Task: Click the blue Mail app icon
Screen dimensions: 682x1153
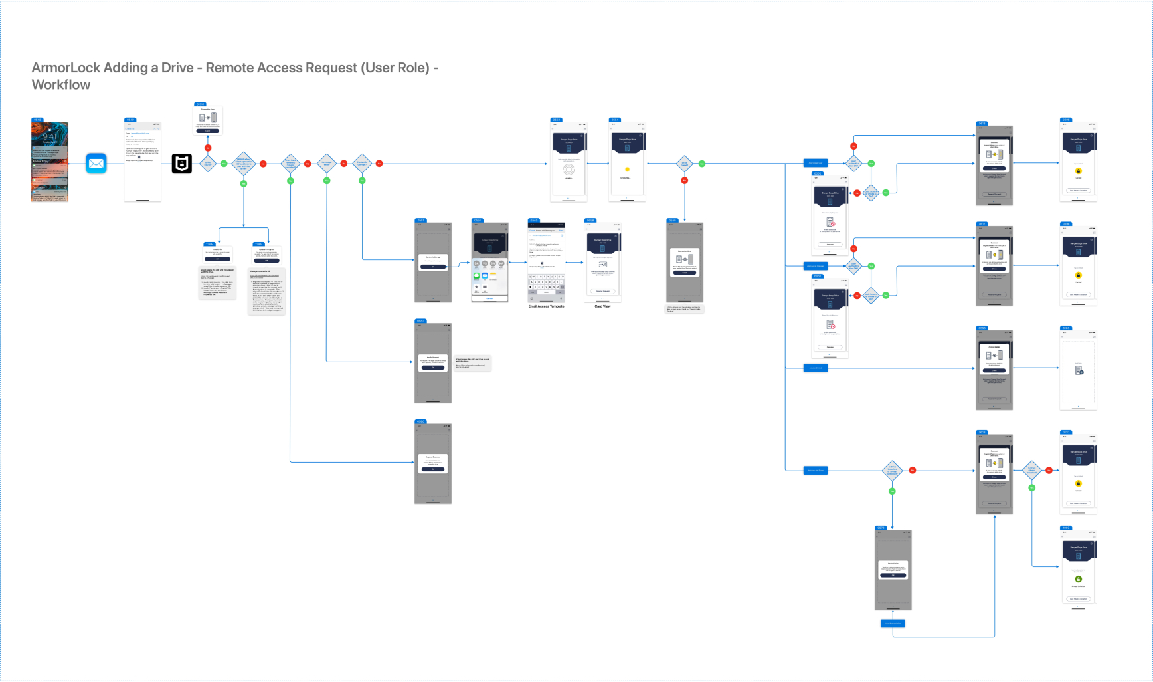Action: coord(96,163)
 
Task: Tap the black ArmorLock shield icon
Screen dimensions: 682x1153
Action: coord(182,163)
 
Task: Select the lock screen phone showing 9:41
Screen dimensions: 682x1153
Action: coord(50,162)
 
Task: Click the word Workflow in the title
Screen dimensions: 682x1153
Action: coord(61,85)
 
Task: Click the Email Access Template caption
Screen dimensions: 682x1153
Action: coord(546,306)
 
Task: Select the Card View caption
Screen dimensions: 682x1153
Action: coord(602,306)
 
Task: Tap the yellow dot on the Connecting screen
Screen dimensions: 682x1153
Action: coord(627,170)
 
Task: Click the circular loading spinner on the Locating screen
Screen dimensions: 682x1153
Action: coord(569,169)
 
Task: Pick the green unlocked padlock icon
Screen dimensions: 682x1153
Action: coord(1078,579)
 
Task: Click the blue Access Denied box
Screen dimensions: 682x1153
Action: coord(816,368)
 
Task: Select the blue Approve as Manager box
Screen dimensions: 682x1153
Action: coord(816,266)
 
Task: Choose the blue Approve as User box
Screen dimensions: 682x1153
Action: coord(816,163)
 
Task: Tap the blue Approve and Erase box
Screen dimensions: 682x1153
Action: coord(816,470)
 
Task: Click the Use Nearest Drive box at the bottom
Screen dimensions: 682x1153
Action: coord(893,624)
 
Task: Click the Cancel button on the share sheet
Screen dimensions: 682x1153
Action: coord(489,298)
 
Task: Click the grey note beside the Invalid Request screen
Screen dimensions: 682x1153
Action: coord(473,363)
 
